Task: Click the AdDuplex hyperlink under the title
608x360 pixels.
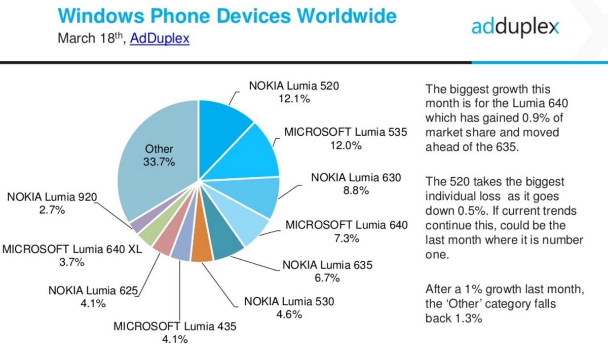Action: point(160,39)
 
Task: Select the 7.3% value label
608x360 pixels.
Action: point(347,237)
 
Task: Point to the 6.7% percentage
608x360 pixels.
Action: point(327,277)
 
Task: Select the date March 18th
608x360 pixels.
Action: point(90,39)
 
